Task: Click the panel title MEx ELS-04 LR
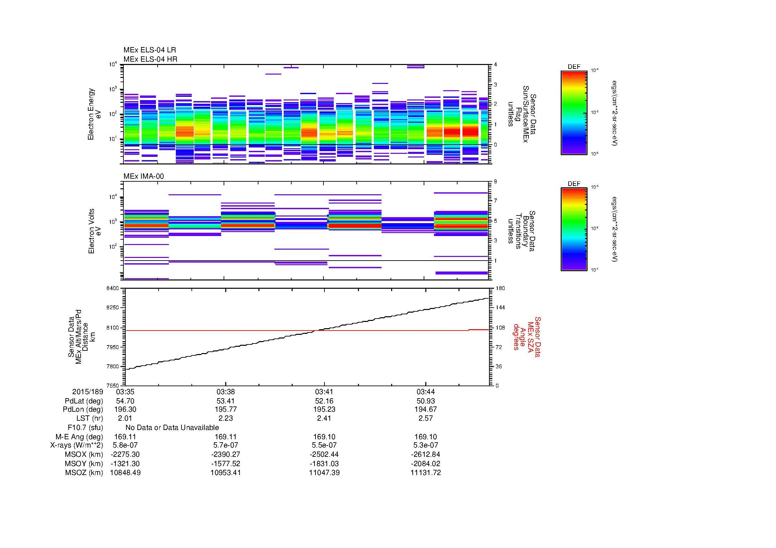149,50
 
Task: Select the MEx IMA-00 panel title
144,176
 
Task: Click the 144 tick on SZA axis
500,308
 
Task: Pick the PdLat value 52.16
324,401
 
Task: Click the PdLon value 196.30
125,409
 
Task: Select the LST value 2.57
425,418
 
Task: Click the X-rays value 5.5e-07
324,445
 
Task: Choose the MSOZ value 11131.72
425,473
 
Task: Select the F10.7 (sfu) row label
85,427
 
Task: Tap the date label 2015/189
88,392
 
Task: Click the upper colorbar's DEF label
574,67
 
